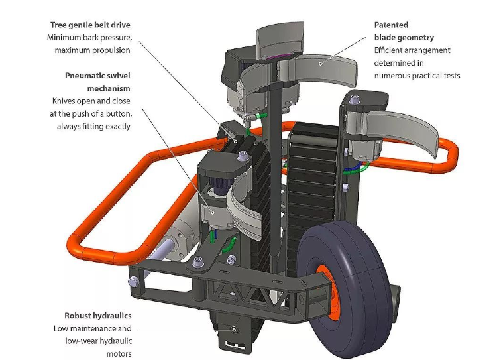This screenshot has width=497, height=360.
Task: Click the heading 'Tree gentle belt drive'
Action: click(90, 25)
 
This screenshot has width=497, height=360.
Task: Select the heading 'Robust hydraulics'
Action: click(97, 316)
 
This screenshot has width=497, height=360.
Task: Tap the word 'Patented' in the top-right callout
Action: click(390, 25)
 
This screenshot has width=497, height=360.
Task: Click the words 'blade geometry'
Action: click(404, 38)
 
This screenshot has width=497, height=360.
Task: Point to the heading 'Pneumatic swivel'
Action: click(97, 76)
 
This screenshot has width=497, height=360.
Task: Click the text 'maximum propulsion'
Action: click(92, 50)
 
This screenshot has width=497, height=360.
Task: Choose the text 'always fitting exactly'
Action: click(93, 126)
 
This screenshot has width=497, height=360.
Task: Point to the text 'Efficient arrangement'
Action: click(412, 50)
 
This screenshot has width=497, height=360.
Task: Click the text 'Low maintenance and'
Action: click(93, 328)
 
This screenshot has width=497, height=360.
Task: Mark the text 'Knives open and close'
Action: click(91, 101)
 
